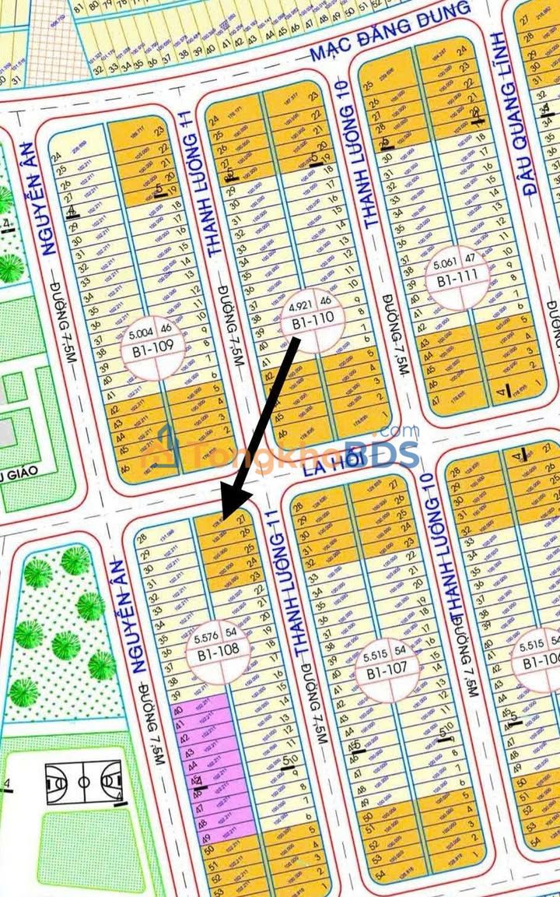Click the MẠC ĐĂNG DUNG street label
tap(390, 32)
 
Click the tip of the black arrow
tap(223, 517)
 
